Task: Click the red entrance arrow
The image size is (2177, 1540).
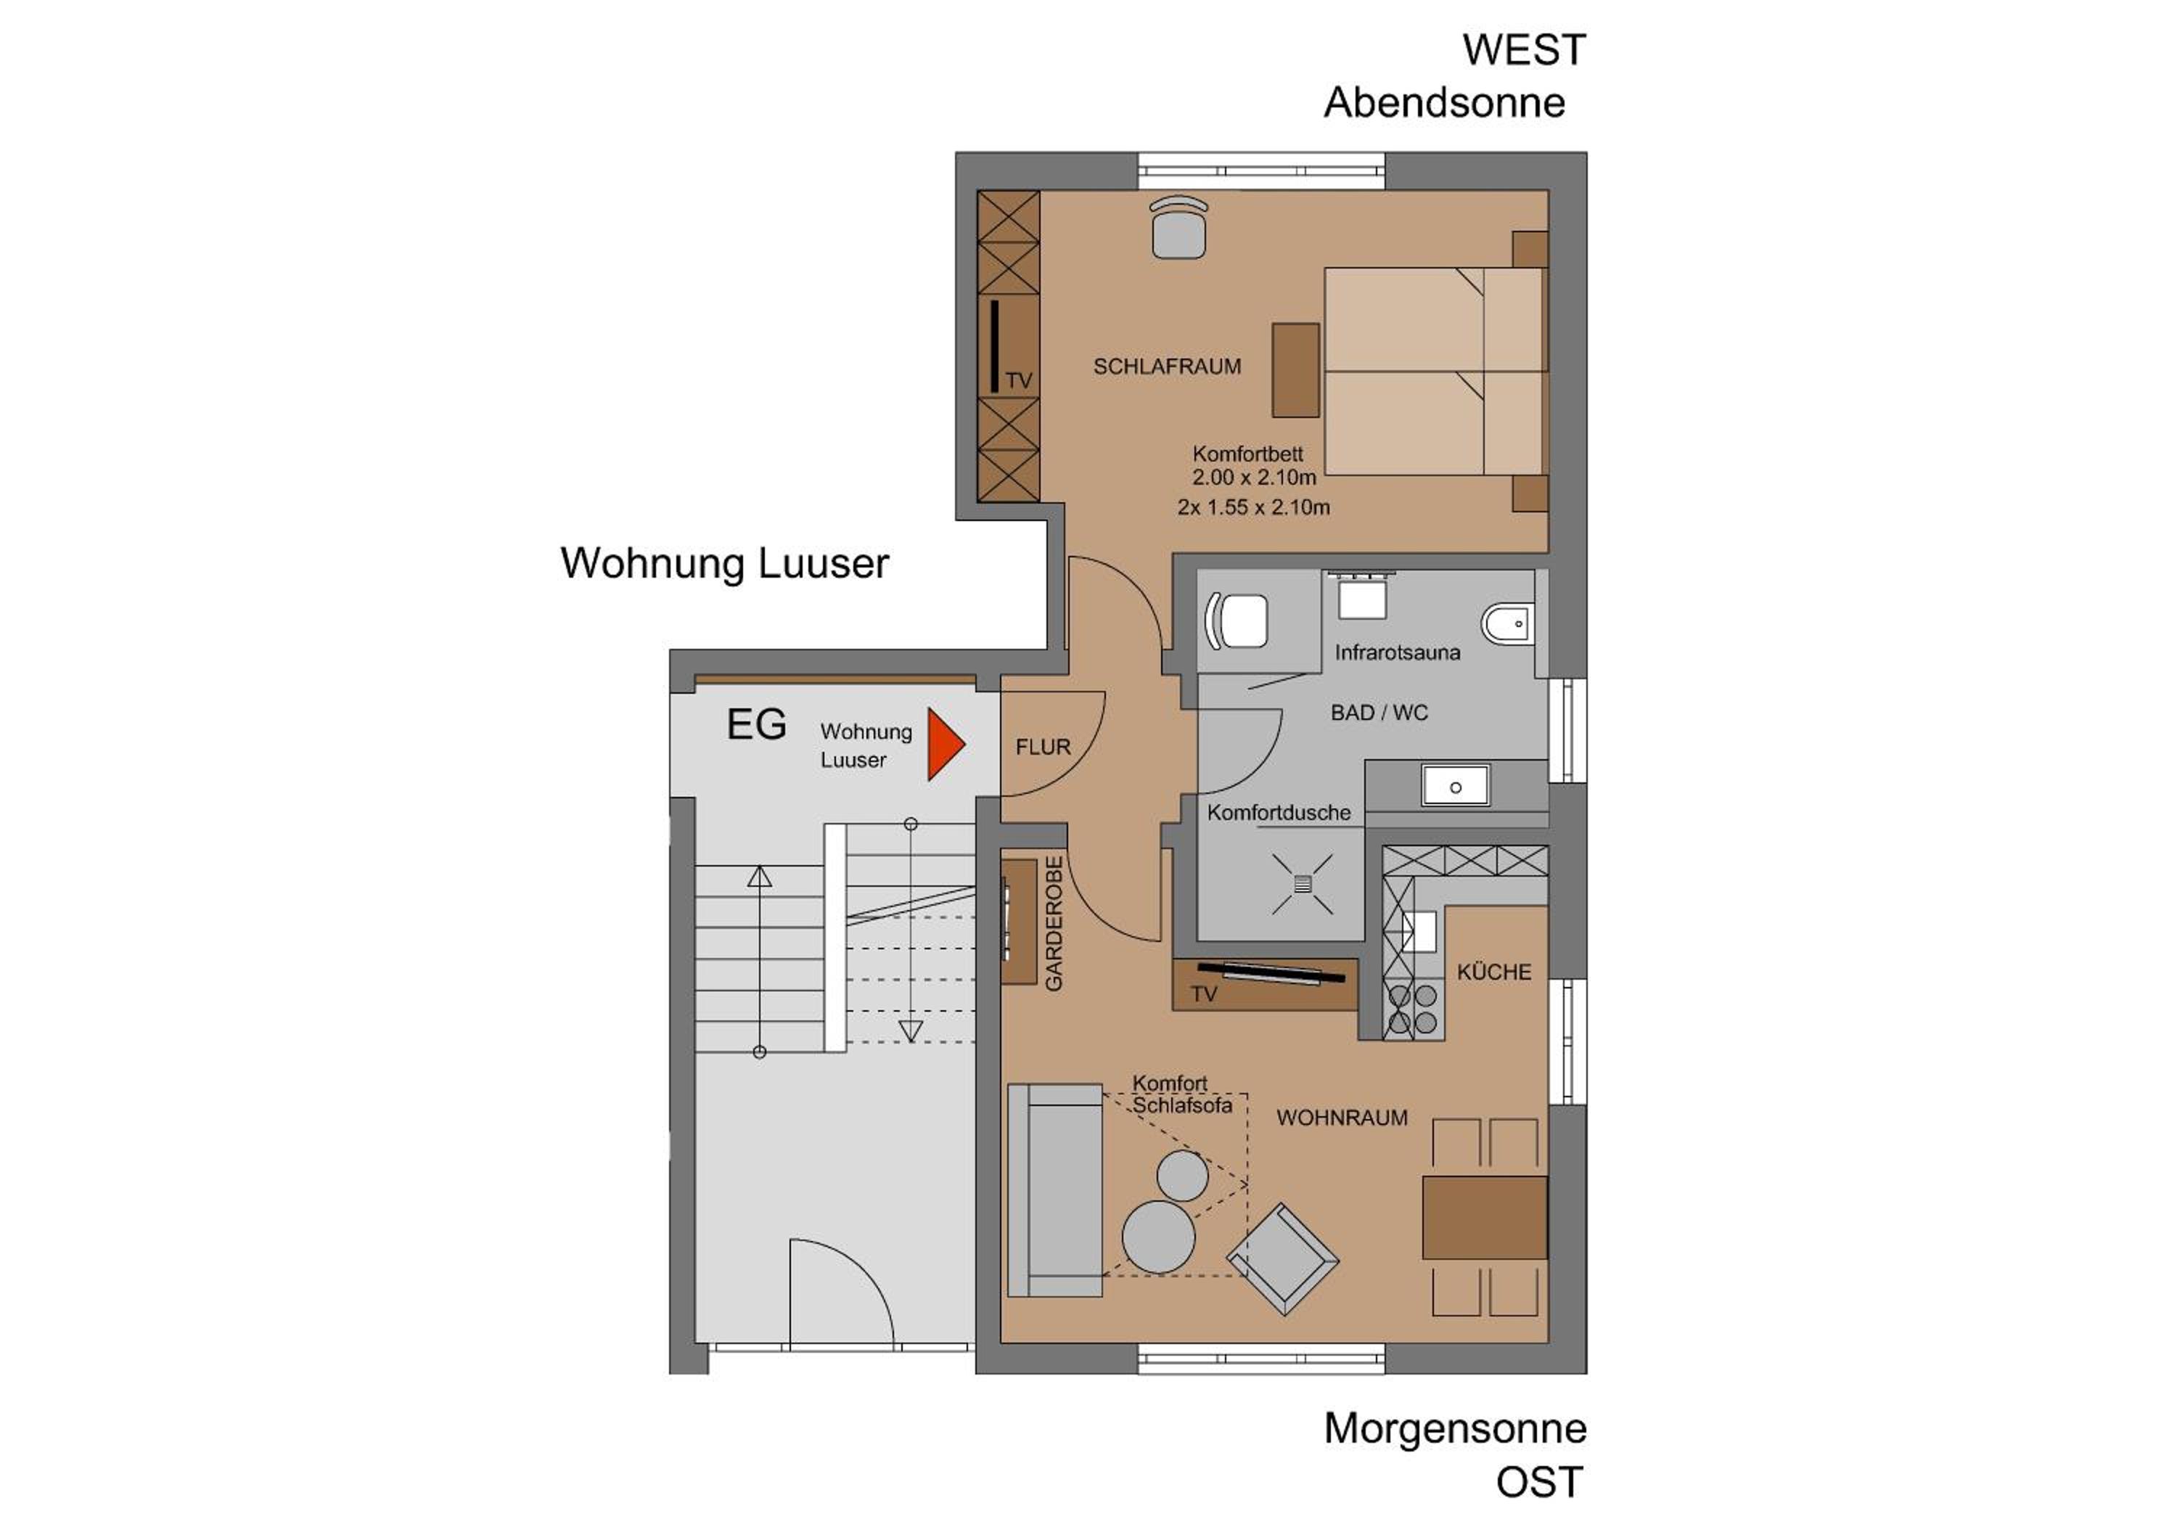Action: click(943, 745)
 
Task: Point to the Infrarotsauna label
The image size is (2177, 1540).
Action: click(1397, 652)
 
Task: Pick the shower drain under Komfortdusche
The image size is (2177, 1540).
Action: click(1302, 884)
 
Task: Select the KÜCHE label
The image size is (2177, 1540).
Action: click(1493, 971)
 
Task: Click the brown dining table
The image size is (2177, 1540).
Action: click(1484, 1218)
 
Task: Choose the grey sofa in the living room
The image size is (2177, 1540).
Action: click(1054, 1190)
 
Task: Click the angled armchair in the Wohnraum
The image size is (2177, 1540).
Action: click(1283, 1259)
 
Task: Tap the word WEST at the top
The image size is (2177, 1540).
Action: click(1524, 50)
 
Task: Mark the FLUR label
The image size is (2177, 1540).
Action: click(1043, 748)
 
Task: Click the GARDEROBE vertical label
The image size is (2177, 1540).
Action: click(1054, 924)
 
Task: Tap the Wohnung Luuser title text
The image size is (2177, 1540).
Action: click(724, 563)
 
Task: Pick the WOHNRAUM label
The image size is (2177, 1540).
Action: click(1342, 1118)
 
